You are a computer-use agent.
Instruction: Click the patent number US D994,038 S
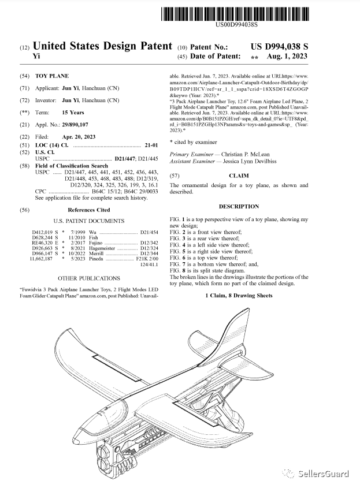point(279,46)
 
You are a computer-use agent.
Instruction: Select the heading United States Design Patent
point(102,46)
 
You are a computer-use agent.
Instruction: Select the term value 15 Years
point(73,113)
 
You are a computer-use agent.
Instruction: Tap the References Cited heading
point(88,210)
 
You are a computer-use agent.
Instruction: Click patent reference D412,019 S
point(44,232)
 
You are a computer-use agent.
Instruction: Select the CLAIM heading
point(239,175)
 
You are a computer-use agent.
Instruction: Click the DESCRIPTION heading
point(239,206)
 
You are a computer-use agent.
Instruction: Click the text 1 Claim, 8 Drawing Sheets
point(239,296)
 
